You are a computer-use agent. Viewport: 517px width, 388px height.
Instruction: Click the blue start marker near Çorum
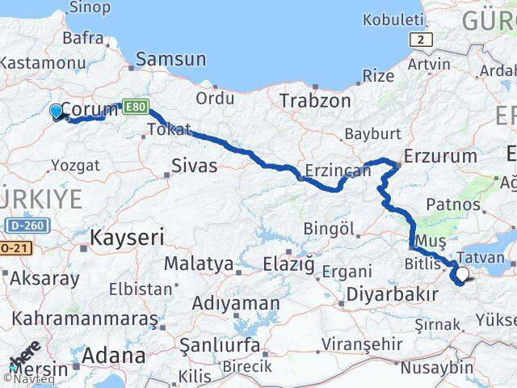click(56, 111)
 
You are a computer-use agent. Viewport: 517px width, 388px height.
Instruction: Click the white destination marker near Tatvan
click(462, 276)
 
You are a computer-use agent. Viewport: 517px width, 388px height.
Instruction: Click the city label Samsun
click(170, 59)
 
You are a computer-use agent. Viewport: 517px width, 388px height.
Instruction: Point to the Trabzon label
click(315, 101)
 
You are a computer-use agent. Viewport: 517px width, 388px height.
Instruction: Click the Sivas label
click(194, 166)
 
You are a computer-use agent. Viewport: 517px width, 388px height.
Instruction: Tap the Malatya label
click(199, 264)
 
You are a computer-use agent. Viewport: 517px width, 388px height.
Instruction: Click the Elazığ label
click(289, 264)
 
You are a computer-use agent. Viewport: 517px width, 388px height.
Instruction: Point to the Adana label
click(113, 355)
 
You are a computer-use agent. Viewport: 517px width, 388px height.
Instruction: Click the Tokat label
click(170, 129)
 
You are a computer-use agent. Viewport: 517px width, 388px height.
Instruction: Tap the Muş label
click(430, 241)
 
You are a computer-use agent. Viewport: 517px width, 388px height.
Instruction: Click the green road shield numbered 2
click(420, 39)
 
